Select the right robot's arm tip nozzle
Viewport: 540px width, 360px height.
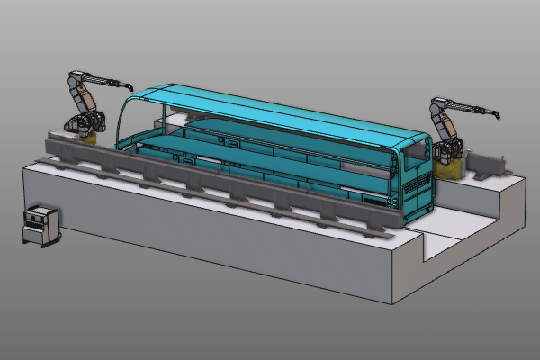495,113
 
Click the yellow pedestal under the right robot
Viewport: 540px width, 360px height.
447,166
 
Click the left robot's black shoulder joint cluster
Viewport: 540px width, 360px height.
86,120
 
